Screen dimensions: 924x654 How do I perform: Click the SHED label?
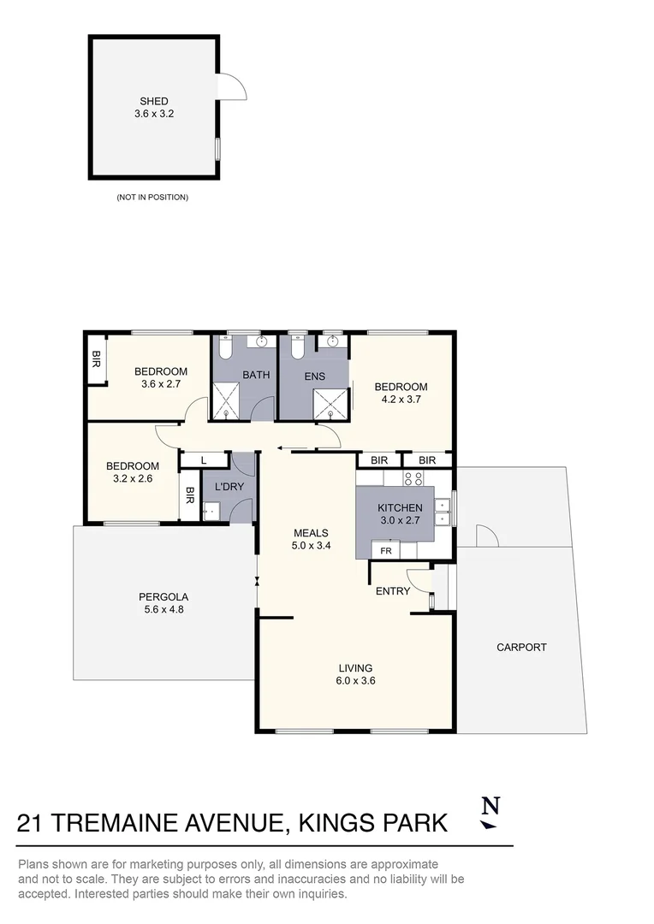pyautogui.click(x=154, y=101)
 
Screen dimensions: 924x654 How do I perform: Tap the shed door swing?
pyautogui.click(x=232, y=86)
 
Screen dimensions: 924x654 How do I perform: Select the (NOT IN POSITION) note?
pyautogui.click(x=152, y=198)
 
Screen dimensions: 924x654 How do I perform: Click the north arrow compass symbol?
pyautogui.click(x=490, y=812)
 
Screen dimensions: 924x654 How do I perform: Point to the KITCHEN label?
pyautogui.click(x=400, y=508)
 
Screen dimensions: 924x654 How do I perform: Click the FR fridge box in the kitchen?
pyautogui.click(x=385, y=550)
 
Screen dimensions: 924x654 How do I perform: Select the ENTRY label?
pyautogui.click(x=393, y=591)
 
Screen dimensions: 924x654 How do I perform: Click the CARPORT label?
pyautogui.click(x=521, y=648)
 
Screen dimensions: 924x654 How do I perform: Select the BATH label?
pyautogui.click(x=256, y=375)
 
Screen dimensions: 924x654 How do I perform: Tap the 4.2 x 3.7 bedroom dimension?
pyautogui.click(x=401, y=400)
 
